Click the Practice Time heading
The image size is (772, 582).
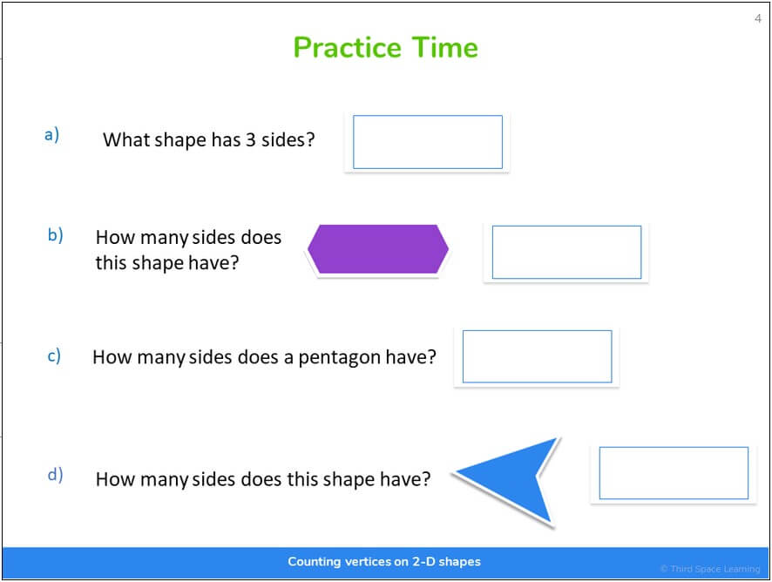385,47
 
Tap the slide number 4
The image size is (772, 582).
758,18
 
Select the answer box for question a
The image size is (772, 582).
427,142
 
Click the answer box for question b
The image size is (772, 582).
566,252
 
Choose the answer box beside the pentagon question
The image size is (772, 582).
537,356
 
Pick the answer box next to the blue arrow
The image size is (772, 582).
674,473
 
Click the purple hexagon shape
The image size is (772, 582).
377,249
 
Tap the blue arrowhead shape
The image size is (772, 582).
514,480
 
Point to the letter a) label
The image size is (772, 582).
52,134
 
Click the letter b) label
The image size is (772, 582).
55,234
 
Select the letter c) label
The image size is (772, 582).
54,355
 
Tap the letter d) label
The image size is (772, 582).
55,475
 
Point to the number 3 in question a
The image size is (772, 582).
250,139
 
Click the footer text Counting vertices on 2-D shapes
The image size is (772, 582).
384,562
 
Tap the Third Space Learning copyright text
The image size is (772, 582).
709,569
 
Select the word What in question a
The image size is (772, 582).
126,139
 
